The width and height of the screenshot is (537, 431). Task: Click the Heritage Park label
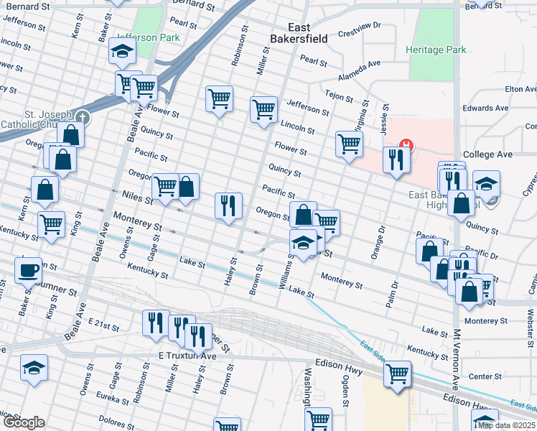435,50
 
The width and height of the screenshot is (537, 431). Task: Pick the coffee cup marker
28,270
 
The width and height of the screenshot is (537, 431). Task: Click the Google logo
23,423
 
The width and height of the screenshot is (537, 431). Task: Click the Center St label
485,376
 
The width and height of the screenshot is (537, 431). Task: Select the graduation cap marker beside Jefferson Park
122,52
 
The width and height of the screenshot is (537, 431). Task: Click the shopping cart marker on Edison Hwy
397,374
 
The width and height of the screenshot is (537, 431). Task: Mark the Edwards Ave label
485,108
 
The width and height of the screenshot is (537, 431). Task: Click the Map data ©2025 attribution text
505,425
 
